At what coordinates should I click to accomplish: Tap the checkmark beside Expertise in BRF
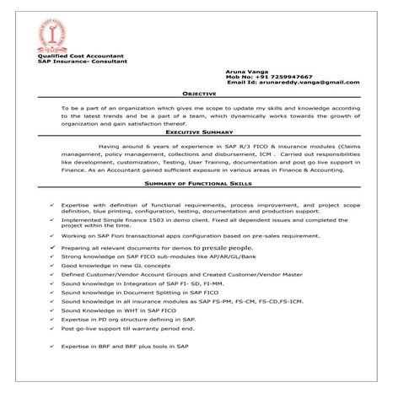point(52,347)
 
